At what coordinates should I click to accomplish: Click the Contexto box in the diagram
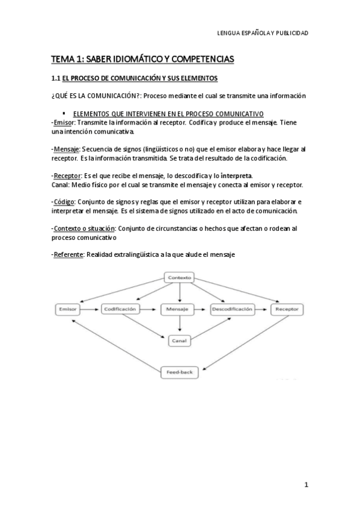tap(180, 278)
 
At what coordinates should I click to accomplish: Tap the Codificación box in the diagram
tap(121, 309)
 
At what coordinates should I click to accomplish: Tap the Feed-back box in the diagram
tap(180, 373)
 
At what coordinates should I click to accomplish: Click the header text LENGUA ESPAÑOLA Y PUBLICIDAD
tap(262, 33)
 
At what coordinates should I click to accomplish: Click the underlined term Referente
tap(68, 254)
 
